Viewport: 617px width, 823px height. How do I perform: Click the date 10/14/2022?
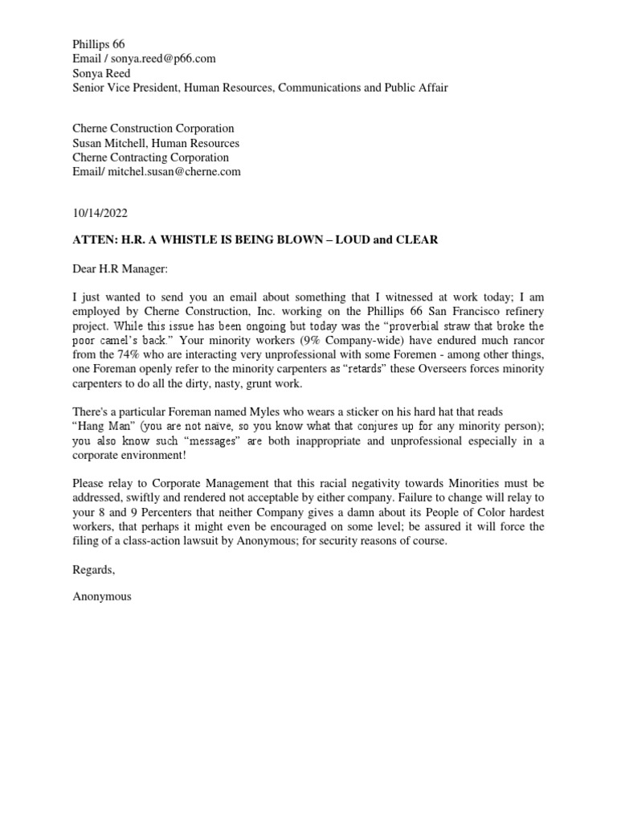tap(100, 214)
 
